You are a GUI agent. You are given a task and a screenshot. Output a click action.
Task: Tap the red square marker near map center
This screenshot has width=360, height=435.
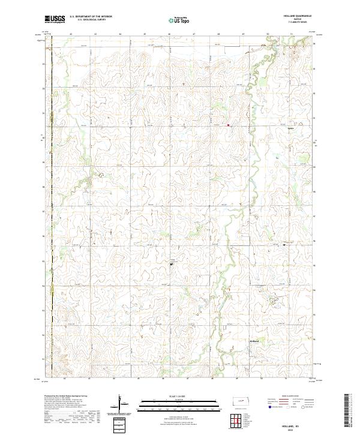click(228, 125)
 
